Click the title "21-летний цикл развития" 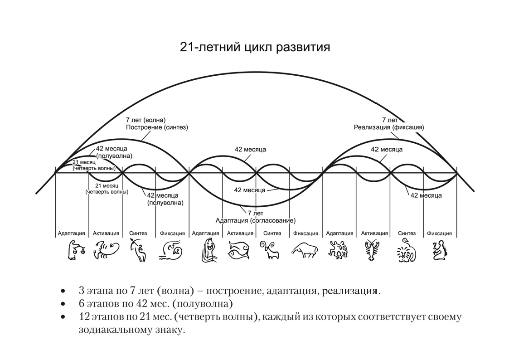pos(255,48)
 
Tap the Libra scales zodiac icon pos(74,250)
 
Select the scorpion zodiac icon pos(106,250)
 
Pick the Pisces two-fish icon pos(238,250)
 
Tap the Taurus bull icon pos(304,250)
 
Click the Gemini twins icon pos(339,250)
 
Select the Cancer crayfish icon pos(372,250)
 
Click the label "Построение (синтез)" pos(157,127)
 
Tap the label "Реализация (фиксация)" pos(389,127)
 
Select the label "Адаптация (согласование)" pos(256,220)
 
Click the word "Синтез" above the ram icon pos(272,234)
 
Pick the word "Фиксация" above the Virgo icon pos(439,234)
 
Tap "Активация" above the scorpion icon pos(106,234)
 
